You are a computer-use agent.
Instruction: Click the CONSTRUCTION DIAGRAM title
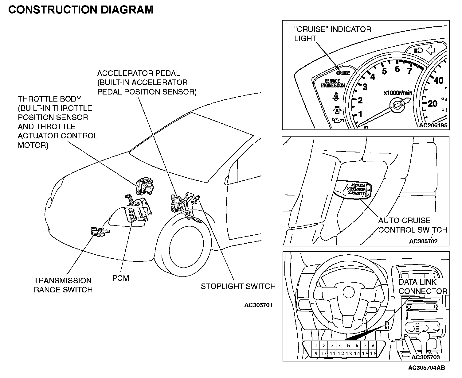click(80, 10)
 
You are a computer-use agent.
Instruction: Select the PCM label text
click(121, 278)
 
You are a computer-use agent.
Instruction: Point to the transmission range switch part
click(97, 232)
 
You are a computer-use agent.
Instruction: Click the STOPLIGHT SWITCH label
click(238, 286)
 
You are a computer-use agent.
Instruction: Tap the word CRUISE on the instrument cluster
click(343, 73)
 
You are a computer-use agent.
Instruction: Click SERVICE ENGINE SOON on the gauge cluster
click(332, 83)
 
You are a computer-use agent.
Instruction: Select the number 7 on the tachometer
click(409, 71)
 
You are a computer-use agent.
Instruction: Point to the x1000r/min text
click(398, 93)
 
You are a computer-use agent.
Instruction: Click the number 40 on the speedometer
click(438, 80)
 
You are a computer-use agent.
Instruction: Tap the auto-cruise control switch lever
click(354, 189)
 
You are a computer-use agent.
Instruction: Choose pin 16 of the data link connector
click(373, 353)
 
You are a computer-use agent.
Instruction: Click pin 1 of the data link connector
click(316, 345)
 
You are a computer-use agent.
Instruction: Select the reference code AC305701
click(258, 305)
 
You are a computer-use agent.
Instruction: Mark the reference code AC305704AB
click(426, 368)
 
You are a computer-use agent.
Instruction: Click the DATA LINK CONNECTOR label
click(423, 287)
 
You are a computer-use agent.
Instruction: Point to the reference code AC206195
click(433, 125)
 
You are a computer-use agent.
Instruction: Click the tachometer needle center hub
click(396, 105)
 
